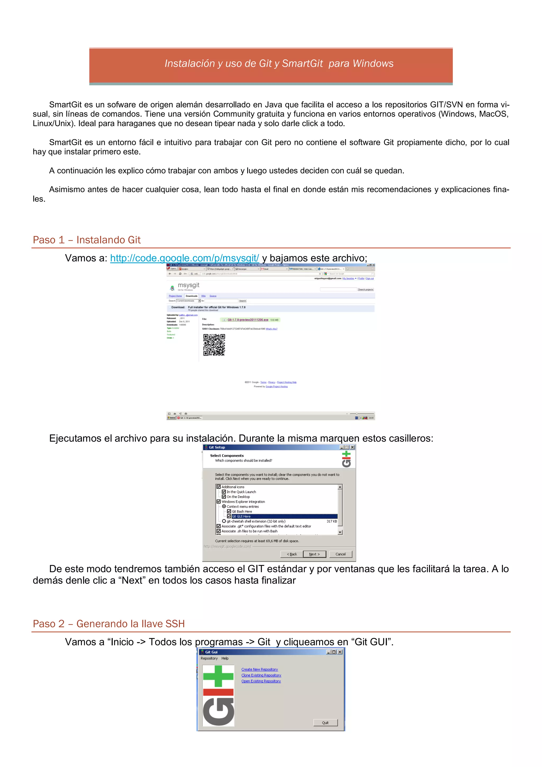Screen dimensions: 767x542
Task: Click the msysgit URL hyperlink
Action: click(184, 258)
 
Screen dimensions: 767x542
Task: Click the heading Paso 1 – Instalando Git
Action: click(87, 240)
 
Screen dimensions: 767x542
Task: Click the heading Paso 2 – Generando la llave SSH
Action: click(109, 624)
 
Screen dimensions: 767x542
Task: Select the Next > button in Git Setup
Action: click(314, 554)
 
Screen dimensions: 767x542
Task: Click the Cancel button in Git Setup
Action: click(340, 554)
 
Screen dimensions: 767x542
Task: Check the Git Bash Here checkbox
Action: click(229, 511)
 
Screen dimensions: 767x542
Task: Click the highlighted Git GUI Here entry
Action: click(241, 516)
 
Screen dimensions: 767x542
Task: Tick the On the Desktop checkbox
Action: click(224, 497)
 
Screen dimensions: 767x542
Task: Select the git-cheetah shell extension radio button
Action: click(224, 521)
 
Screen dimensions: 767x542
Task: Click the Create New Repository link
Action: click(259, 670)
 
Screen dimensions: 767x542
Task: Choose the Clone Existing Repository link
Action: click(261, 675)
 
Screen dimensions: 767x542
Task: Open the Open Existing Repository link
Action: click(261, 681)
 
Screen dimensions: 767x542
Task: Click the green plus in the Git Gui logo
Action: click(218, 676)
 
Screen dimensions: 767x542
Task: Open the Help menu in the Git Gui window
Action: click(225, 658)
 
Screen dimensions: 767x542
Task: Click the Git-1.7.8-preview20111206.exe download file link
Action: click(248, 320)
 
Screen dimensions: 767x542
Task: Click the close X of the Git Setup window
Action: click(352, 447)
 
